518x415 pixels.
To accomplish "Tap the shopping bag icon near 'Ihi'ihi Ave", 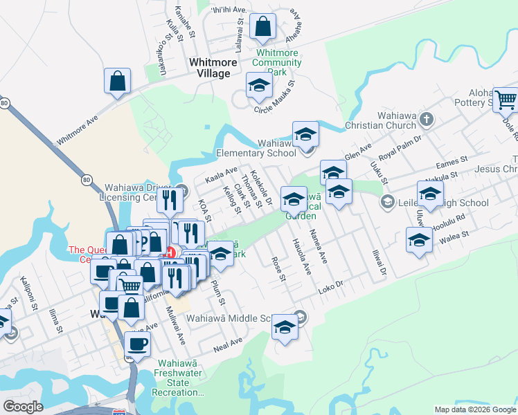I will (263, 27).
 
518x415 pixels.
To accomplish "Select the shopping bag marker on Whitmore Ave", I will (118, 80).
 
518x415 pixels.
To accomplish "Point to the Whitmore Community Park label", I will (277, 62).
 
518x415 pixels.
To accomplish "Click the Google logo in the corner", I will (23, 407).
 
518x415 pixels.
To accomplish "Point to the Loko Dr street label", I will (330, 284).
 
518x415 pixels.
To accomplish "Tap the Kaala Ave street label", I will (222, 175).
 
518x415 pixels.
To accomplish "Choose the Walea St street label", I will (454, 237).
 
